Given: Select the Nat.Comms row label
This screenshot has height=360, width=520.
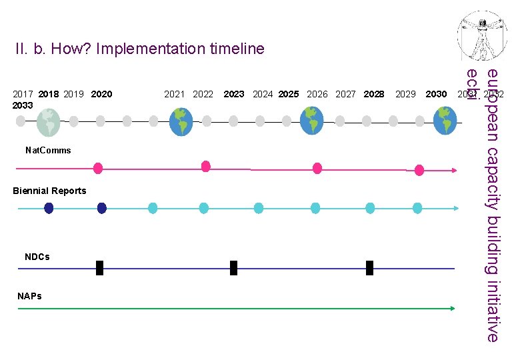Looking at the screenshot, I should tap(47, 150).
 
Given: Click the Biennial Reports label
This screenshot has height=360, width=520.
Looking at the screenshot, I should tap(49, 191).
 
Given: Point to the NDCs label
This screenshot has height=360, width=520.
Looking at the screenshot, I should tap(37, 257).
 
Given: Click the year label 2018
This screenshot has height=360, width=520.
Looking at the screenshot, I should tap(49, 94).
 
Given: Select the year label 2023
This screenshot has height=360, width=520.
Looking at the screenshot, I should tap(233, 94).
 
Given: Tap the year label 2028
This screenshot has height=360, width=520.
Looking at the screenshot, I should tap(374, 94).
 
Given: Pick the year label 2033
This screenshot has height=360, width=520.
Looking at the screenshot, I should tap(22, 105).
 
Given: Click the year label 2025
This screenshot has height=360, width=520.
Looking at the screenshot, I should tap(289, 94).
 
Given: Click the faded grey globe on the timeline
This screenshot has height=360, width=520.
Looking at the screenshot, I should tap(47, 121).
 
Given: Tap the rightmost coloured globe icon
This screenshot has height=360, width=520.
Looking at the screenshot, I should tap(445, 121).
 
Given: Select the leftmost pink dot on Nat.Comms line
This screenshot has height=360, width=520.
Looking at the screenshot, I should tap(98, 168).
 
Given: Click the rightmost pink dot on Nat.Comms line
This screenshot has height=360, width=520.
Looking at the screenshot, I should tap(419, 170).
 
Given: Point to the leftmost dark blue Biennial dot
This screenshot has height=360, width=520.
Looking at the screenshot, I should tap(49, 208).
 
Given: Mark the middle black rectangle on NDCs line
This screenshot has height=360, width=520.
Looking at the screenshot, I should tap(233, 268).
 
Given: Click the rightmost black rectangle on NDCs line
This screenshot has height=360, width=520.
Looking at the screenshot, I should tap(369, 268).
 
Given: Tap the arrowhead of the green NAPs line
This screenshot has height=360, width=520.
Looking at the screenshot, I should tap(453, 309).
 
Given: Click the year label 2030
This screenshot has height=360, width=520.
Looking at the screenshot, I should tap(436, 94).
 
